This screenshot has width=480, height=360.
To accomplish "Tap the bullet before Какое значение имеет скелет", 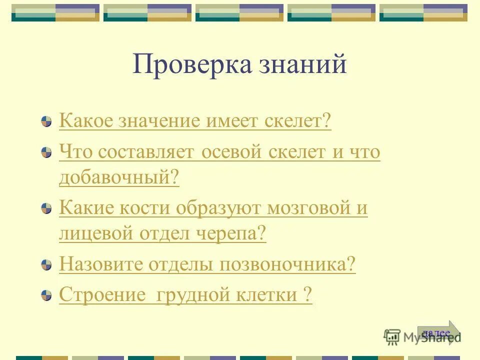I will tap(46, 121).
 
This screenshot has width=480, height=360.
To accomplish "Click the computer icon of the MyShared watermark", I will tap(392, 337).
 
